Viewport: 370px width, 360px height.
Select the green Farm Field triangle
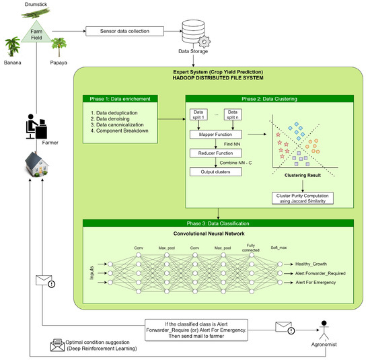[38, 32]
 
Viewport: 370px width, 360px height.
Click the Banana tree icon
[12, 48]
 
